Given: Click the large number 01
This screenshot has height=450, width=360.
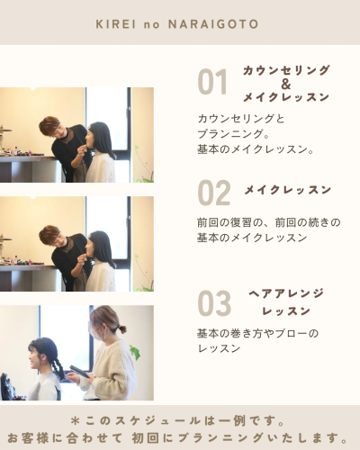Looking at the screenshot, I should click(213, 83).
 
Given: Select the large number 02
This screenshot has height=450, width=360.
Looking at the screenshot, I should click(214, 193).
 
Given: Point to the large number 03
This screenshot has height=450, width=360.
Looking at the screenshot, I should click(214, 304).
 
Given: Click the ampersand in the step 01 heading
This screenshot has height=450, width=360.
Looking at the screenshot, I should click(285, 84).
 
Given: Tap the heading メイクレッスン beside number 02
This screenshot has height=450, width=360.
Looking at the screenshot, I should click(287, 190).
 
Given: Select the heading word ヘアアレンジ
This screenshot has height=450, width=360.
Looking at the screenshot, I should click(285, 294).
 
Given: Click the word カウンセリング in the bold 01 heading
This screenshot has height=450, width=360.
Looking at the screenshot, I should click(285, 70).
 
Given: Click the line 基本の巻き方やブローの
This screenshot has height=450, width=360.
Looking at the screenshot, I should click(257, 333).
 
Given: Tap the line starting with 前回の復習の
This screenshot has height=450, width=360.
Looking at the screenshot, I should click(268, 222).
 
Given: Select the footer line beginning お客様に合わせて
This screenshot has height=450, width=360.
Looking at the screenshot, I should click(180, 436).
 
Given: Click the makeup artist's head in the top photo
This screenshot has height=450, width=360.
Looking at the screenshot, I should click(50, 128).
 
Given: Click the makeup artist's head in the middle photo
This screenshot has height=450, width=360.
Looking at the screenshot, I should click(50, 237).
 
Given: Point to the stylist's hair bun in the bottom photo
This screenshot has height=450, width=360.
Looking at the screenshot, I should click(121, 329).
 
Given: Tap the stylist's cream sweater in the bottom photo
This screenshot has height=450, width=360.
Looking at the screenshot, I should click(110, 373).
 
